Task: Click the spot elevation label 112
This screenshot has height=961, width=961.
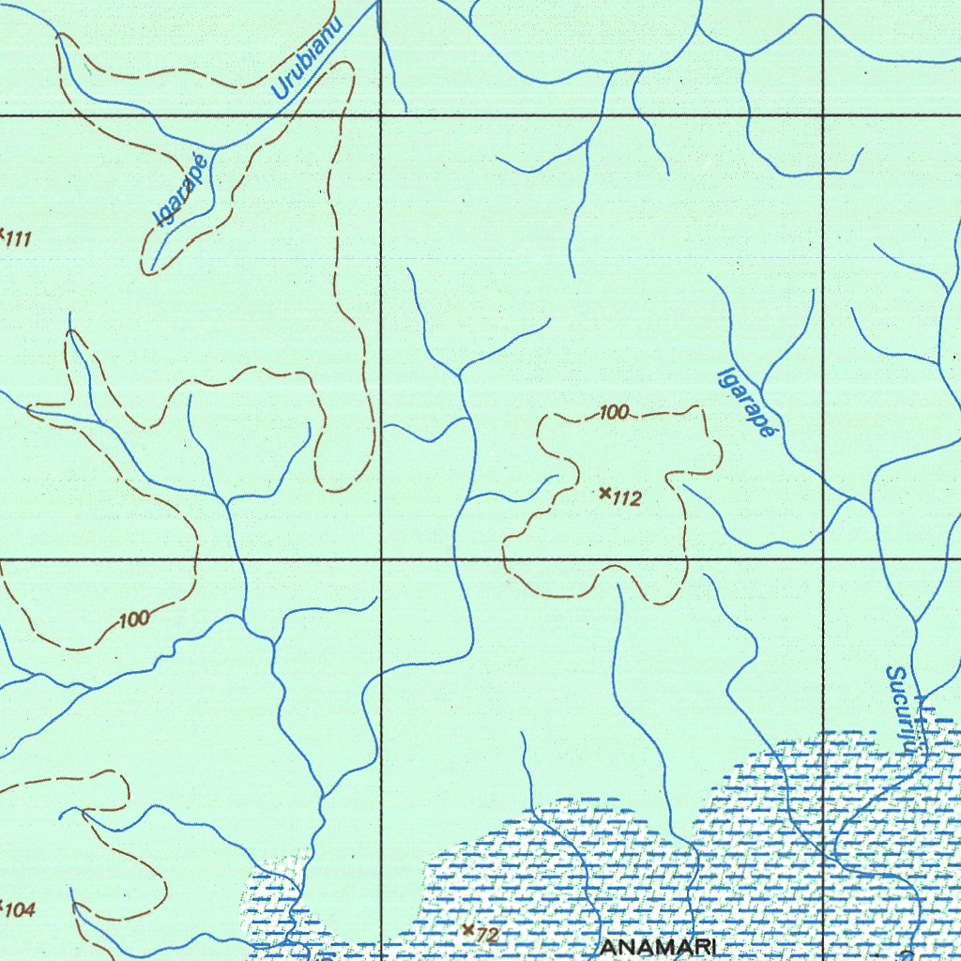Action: [627, 499]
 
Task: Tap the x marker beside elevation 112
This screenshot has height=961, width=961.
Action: [605, 492]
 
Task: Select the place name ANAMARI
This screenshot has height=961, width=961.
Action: [658, 948]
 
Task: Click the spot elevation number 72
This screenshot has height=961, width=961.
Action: [487, 936]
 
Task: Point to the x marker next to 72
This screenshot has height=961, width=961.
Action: [468, 929]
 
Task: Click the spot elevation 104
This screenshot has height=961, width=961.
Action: [21, 909]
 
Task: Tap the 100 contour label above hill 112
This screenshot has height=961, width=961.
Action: [614, 412]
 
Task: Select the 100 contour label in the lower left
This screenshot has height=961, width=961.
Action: [134, 619]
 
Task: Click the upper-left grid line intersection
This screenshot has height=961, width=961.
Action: [380, 115]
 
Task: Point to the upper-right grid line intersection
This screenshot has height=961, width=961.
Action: [823, 115]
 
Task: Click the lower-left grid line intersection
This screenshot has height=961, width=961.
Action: [380, 559]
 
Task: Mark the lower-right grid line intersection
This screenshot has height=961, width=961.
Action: [823, 559]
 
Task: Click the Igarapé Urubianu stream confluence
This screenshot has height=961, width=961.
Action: [218, 148]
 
